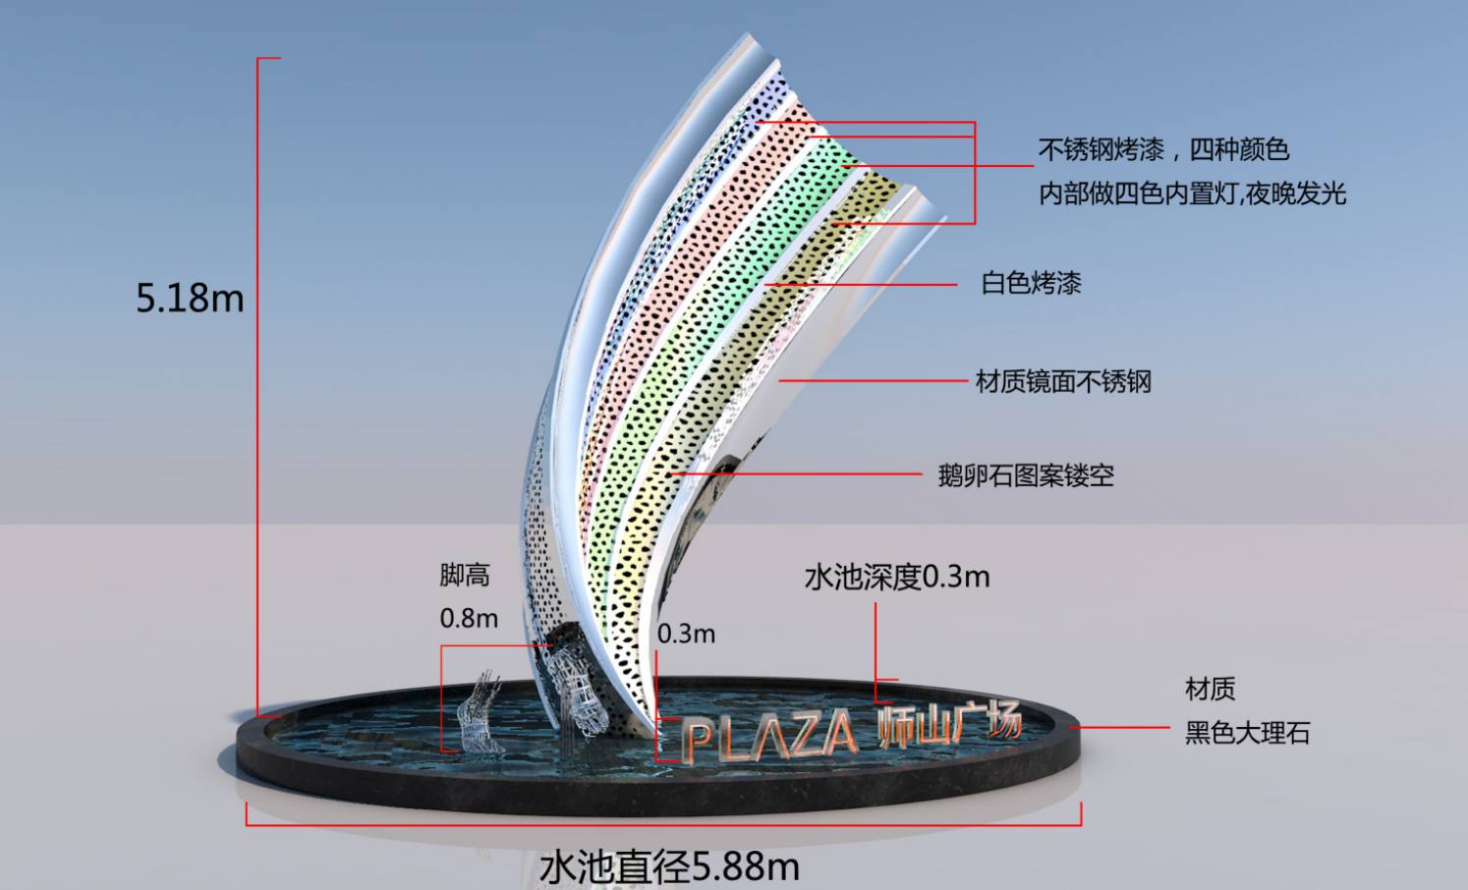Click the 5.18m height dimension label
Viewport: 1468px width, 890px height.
click(x=190, y=299)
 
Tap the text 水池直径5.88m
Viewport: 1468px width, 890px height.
click(x=669, y=867)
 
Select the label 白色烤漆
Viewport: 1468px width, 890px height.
click(x=1031, y=284)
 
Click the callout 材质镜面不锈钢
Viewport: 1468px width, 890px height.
click(x=1063, y=381)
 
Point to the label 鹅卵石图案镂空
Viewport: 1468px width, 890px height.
click(x=1026, y=475)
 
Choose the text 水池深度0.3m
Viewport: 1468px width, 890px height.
click(x=896, y=577)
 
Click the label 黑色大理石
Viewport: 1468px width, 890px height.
click(x=1247, y=733)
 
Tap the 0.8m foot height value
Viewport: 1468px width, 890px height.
click(x=469, y=618)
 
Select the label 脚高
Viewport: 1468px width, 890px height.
click(x=465, y=576)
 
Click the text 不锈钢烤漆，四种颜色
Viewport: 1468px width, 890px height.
click(x=1164, y=150)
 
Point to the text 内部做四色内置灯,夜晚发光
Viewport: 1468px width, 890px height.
click(x=1192, y=194)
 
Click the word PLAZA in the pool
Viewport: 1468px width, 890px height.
click(x=768, y=736)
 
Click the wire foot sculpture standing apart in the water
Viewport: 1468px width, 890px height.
click(x=480, y=714)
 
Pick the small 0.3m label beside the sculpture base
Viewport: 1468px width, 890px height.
click(x=686, y=634)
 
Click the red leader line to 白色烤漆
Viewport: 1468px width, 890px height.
click(x=861, y=285)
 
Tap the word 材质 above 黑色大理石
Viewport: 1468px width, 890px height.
click(x=1210, y=689)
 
